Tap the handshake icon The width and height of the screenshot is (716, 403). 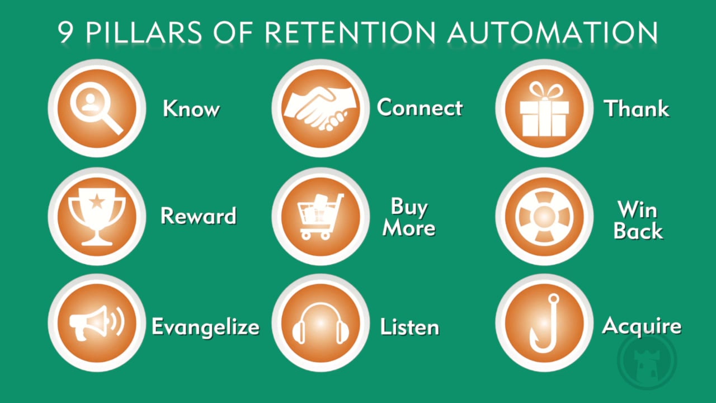[321, 109]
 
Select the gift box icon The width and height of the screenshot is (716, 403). [544, 109]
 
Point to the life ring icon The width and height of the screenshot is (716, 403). [544, 217]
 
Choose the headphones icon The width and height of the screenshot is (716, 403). [321, 324]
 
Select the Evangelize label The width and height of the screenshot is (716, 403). [205, 327]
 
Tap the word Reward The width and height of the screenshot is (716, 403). [198, 216]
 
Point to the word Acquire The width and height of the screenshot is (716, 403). [642, 326]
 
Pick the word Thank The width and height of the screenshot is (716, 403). [637, 108]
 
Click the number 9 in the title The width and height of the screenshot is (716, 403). [65, 32]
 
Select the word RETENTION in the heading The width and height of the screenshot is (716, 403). [350, 32]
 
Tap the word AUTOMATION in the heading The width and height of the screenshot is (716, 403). [553, 32]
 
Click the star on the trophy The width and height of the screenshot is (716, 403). [97, 201]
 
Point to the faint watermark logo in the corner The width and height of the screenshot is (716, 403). [647, 360]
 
